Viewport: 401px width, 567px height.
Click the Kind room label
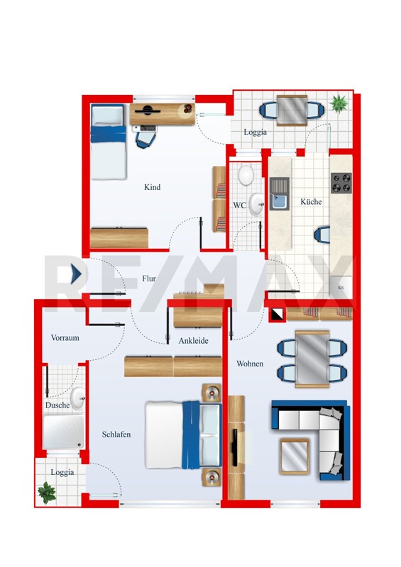pos(152,187)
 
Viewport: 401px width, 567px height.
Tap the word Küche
pos(311,201)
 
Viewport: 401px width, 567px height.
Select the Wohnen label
pos(250,364)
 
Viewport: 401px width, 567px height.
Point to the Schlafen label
pos(116,434)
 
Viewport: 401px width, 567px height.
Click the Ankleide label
pos(194,340)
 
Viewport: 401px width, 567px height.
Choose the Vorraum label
pos(65,337)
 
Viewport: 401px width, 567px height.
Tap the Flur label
pos(149,278)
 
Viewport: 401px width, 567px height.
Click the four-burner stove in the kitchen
pos(341,183)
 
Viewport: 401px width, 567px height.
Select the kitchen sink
pos(280,193)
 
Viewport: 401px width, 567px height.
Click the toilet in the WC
pos(246,174)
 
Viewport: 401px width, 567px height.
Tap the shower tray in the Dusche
pos(63,432)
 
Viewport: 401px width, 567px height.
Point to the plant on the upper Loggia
pos(339,103)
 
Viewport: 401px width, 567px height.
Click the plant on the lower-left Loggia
pos(47,492)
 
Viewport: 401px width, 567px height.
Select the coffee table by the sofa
pos(295,456)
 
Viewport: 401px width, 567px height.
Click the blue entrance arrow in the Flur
pos(77,274)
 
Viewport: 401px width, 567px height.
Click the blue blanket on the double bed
pos(191,435)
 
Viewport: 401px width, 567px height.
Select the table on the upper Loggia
pos(292,111)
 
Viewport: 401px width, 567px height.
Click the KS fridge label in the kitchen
pos(341,288)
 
